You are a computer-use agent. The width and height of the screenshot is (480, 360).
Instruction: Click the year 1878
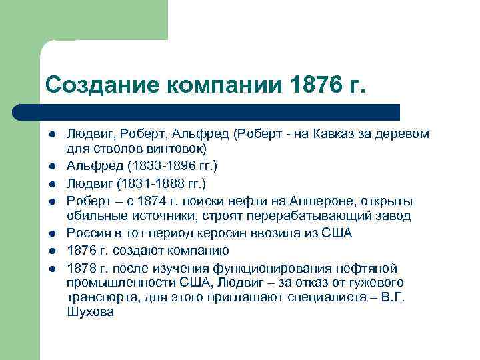pos(81,268)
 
